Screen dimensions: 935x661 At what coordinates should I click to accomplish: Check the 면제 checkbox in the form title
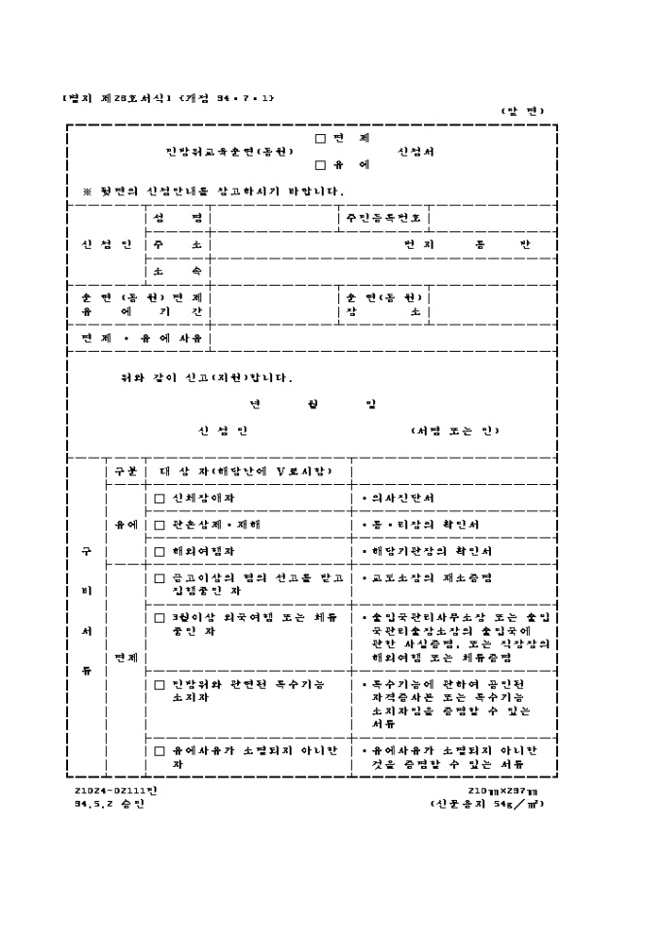[321, 138]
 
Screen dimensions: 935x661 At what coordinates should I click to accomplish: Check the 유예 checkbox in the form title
[321, 164]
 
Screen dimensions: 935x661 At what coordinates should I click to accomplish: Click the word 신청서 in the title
[415, 152]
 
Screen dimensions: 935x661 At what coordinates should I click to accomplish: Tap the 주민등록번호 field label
[382, 218]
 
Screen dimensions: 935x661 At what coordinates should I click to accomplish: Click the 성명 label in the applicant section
[178, 218]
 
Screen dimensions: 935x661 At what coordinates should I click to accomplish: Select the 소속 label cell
[178, 271]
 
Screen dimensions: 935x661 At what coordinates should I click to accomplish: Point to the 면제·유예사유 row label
[142, 338]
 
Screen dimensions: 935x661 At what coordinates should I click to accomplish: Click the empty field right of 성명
[273, 218]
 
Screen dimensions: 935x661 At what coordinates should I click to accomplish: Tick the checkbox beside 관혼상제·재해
[160, 525]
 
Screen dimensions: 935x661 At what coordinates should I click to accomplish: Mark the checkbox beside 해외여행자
[160, 551]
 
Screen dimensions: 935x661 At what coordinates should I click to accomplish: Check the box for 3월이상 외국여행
[160, 617]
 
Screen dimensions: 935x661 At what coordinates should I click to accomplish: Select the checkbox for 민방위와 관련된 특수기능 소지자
[160, 684]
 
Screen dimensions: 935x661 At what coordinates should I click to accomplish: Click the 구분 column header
[125, 471]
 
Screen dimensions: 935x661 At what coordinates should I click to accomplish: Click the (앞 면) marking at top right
[523, 110]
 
